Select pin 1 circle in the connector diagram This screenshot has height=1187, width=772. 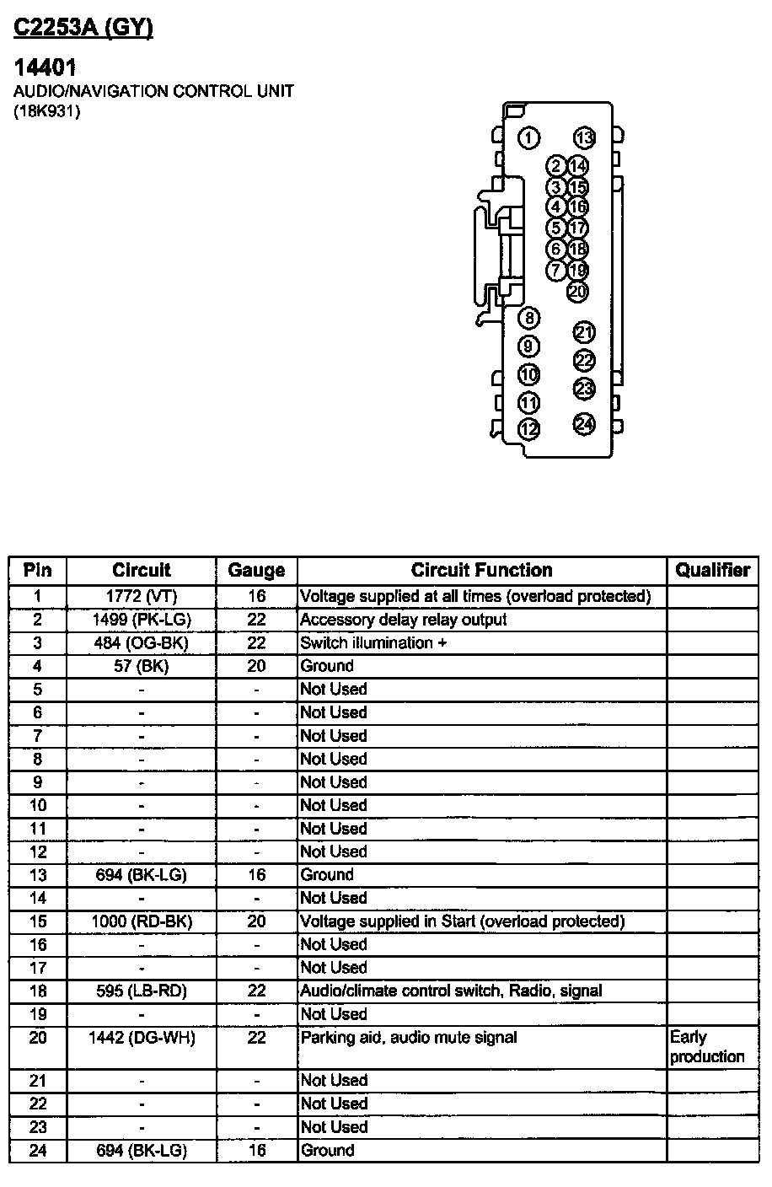click(x=528, y=138)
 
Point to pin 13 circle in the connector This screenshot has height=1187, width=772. click(x=584, y=138)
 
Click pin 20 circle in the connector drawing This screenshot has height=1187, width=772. click(x=577, y=292)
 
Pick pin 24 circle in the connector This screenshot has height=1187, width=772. click(x=584, y=424)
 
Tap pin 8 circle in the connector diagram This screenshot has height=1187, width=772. click(x=528, y=318)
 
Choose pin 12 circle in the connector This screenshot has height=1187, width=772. click(x=528, y=430)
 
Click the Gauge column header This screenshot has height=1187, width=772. click(x=256, y=571)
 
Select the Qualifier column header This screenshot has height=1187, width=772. click(x=712, y=571)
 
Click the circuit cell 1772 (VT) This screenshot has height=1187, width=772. click(x=142, y=597)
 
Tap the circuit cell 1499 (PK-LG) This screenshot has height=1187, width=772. click(x=142, y=620)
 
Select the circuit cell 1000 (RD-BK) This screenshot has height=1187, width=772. click(x=142, y=921)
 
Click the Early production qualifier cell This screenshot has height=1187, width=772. click(x=707, y=1047)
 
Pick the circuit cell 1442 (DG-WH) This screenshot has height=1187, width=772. click(x=142, y=1038)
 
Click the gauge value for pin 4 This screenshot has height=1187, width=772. click(x=256, y=666)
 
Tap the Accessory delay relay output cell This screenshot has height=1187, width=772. click(x=404, y=620)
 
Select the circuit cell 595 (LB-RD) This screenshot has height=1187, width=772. click(x=142, y=991)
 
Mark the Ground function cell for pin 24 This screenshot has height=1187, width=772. click(x=328, y=1151)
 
